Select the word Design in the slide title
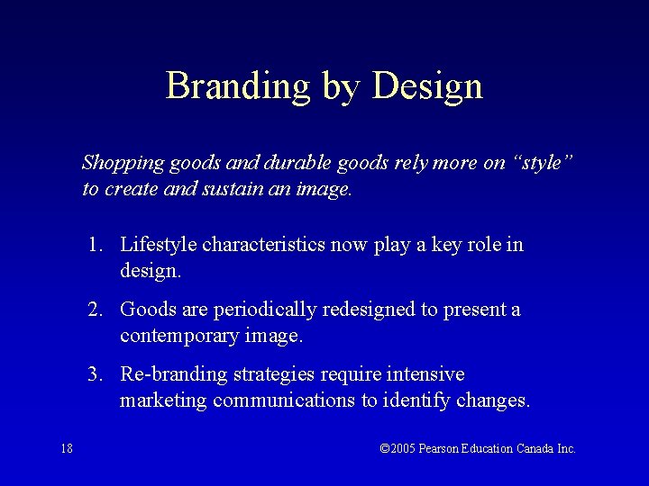pos(427,86)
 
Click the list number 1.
pos(94,245)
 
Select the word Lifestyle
pos(159,245)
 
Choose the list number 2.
pos(94,310)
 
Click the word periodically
pos(266,310)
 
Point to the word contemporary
pos(179,336)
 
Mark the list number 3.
pos(94,374)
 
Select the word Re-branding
pos(173,374)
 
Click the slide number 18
pos(67,448)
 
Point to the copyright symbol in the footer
pos(385,448)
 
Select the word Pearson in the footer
pos(441,448)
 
